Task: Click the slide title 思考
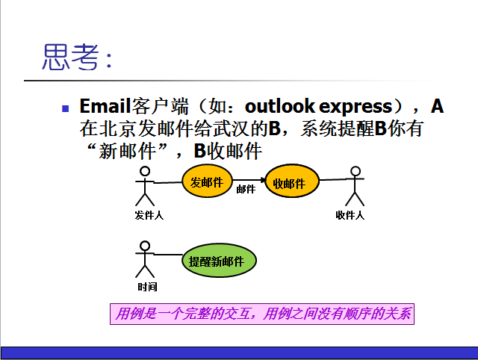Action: [x=71, y=57]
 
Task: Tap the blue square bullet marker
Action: [x=65, y=108]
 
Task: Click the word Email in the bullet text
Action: [x=105, y=106]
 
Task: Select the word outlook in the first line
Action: [x=280, y=106]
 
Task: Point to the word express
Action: [x=356, y=107]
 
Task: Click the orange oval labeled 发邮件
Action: [x=208, y=181]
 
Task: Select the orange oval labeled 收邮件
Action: [x=292, y=181]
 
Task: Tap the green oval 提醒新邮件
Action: [x=219, y=261]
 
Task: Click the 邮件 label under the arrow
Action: [x=246, y=189]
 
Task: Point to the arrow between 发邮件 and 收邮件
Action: [x=249, y=180]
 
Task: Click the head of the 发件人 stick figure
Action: [x=145, y=171]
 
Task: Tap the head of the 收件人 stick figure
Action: [x=356, y=171]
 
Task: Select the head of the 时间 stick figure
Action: [x=145, y=246]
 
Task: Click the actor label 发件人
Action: [x=149, y=215]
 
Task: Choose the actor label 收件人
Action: [x=350, y=215]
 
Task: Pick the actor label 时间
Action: [x=147, y=287]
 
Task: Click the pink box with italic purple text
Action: [x=262, y=314]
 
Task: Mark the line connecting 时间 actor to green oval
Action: [x=168, y=254]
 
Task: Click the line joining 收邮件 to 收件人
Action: [x=335, y=179]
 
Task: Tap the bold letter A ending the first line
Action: [x=437, y=106]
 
